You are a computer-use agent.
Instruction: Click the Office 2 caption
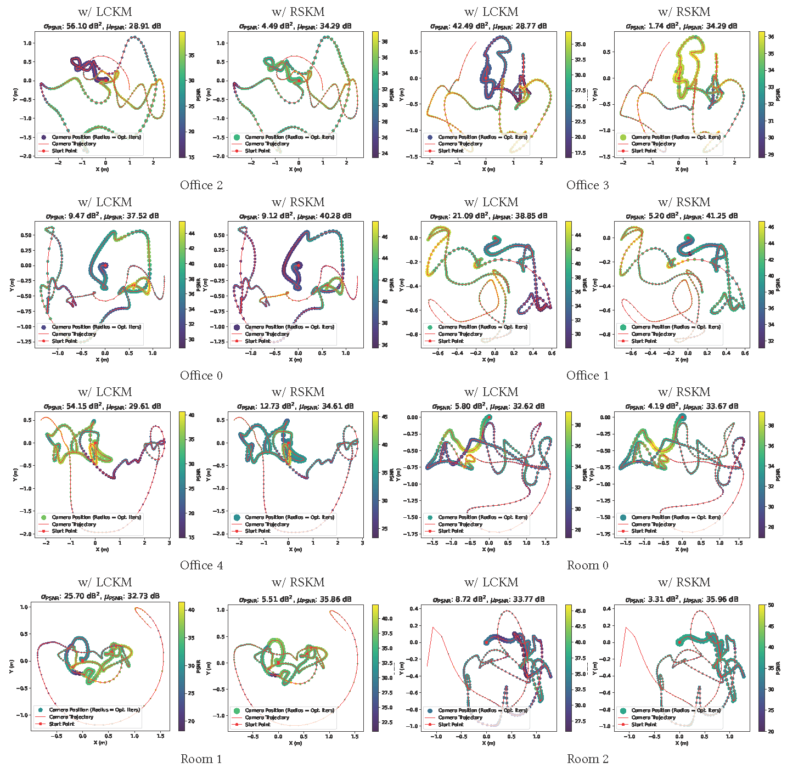[201, 185]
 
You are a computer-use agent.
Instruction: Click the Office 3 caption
[587, 185]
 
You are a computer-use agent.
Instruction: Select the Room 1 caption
[201, 759]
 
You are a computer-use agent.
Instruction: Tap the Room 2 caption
[587, 759]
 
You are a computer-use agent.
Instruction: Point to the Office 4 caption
[201, 566]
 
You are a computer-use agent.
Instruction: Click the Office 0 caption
[201, 376]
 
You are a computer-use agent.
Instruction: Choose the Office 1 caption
[587, 376]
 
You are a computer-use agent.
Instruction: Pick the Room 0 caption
[587, 566]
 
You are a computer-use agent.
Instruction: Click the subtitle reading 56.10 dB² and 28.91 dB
[103, 26]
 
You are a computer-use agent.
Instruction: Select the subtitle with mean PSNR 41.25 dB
[682, 216]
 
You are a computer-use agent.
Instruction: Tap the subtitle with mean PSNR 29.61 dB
[103, 406]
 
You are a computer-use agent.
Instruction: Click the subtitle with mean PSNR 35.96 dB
[682, 600]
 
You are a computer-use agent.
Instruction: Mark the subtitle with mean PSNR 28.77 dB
[488, 26]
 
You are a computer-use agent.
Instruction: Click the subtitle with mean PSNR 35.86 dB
[295, 600]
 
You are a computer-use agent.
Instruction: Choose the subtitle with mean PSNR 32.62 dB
[488, 406]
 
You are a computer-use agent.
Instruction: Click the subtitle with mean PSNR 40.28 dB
[295, 216]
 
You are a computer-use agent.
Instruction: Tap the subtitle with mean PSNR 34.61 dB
[295, 406]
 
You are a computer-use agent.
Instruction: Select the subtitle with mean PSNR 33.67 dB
[682, 406]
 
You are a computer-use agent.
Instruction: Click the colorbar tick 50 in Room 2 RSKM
[771, 605]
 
